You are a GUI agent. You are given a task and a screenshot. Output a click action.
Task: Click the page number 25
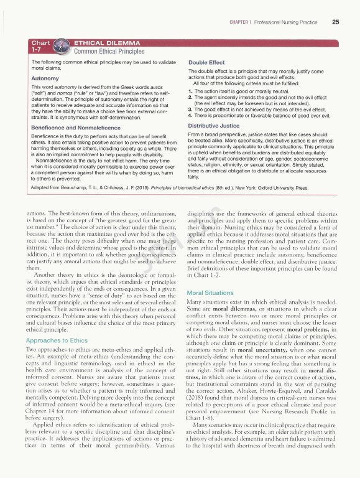coord(335,23)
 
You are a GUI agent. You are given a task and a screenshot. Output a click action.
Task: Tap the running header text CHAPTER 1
coord(242,23)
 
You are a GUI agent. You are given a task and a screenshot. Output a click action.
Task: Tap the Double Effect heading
coord(207,63)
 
